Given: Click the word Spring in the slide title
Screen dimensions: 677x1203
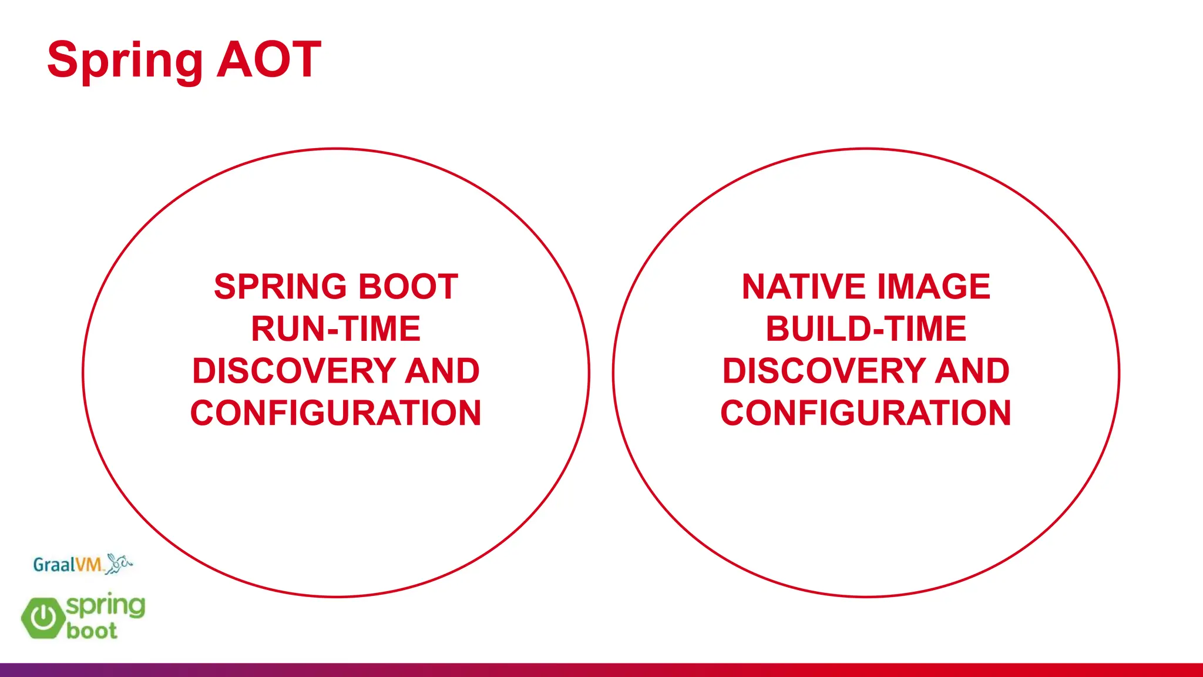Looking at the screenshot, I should pyautogui.click(x=125, y=60).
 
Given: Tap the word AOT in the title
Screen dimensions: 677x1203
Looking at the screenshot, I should pyautogui.click(x=269, y=59).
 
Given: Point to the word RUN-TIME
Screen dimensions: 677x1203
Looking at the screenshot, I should pyautogui.click(x=335, y=329).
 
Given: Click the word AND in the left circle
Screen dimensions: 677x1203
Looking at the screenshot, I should pyautogui.click(x=442, y=371).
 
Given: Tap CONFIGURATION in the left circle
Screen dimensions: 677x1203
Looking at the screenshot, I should pyautogui.click(x=335, y=413).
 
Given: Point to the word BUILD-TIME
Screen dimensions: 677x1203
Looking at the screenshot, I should pyautogui.click(x=866, y=329).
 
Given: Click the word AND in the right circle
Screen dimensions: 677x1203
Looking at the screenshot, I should pyautogui.click(x=972, y=371).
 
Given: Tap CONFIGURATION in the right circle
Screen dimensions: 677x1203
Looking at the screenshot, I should pyautogui.click(x=866, y=413).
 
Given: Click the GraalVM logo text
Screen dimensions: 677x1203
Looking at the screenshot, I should pyautogui.click(x=68, y=565).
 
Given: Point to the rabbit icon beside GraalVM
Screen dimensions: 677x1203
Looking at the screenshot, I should pyautogui.click(x=119, y=563).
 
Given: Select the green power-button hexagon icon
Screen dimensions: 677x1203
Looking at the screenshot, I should pyautogui.click(x=43, y=618).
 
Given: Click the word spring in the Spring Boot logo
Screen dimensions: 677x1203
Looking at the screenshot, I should pyautogui.click(x=106, y=605).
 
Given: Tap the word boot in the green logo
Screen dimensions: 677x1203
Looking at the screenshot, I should pyautogui.click(x=92, y=631).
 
